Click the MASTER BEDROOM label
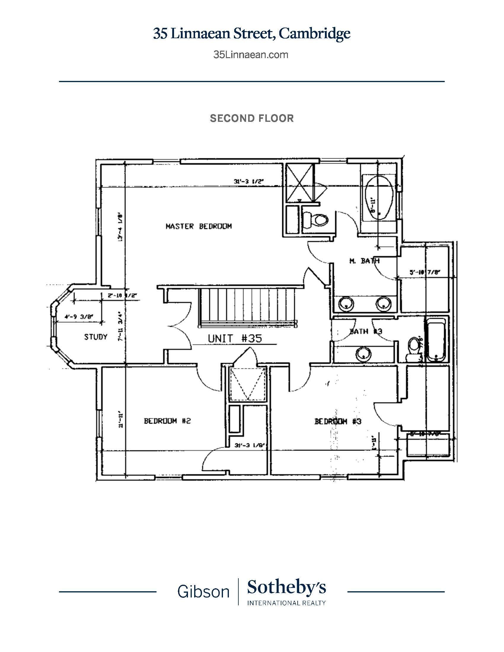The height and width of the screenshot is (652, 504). click(199, 226)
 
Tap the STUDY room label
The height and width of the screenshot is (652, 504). click(95, 337)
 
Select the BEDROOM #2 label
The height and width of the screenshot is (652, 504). click(167, 421)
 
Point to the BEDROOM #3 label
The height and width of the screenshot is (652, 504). click(338, 421)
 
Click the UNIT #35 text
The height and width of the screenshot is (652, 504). click(235, 338)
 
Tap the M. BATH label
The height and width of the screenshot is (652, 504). click(364, 261)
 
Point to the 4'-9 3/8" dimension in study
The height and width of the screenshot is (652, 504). click(74, 318)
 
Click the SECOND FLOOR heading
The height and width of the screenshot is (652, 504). click(252, 118)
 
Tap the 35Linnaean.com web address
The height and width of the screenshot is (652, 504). click(251, 55)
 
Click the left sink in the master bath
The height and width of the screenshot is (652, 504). click(346, 303)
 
